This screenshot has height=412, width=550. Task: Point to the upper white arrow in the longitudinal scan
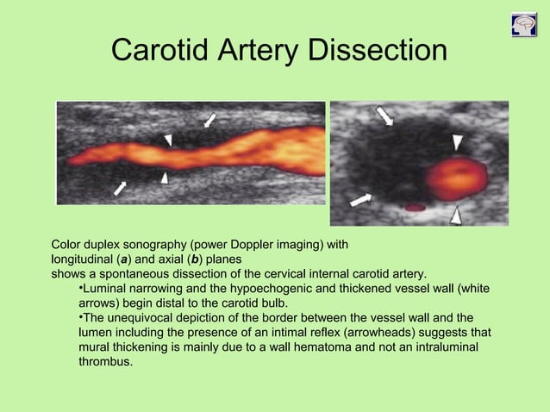(x=209, y=120)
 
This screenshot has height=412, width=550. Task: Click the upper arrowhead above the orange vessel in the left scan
(x=169, y=139)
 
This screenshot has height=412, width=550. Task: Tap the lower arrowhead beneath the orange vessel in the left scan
(x=165, y=177)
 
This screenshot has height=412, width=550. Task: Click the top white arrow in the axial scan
(x=384, y=115)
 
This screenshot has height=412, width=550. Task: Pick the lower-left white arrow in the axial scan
(x=361, y=199)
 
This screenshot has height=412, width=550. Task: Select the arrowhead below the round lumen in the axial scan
(x=455, y=213)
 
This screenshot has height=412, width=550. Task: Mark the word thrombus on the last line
(x=105, y=362)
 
